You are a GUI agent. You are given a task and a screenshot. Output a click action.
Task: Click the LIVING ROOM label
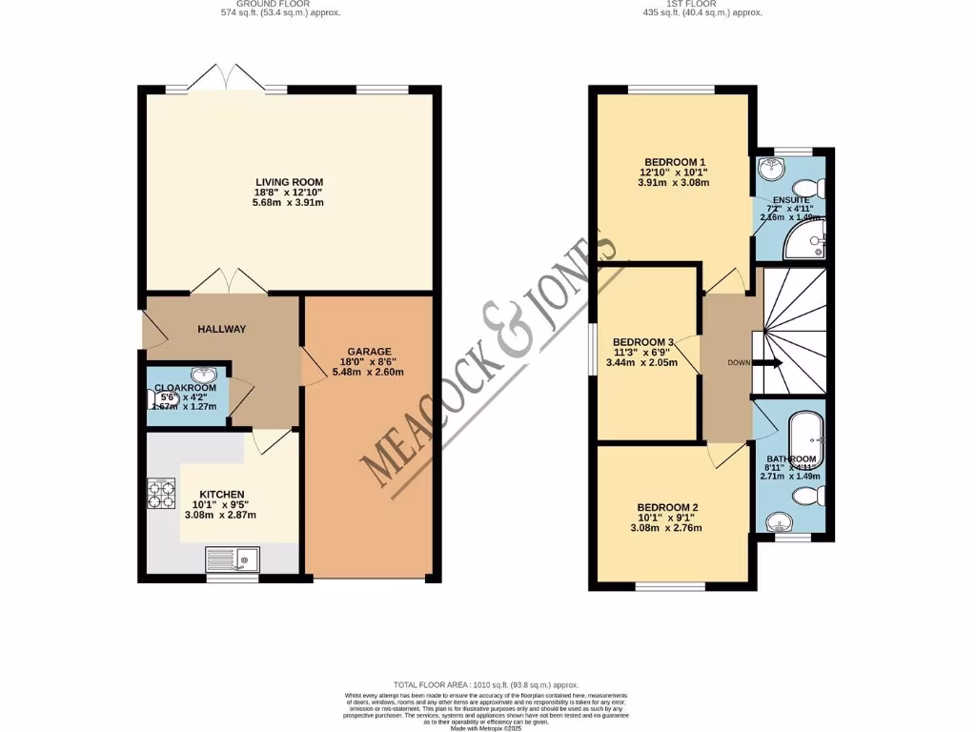[289, 182]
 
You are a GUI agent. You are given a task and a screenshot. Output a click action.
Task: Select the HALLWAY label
[221, 329]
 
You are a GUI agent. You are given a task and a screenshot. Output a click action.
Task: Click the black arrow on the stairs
[768, 363]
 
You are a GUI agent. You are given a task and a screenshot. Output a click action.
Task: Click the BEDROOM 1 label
[674, 161]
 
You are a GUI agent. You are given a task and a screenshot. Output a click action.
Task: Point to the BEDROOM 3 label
[643, 342]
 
